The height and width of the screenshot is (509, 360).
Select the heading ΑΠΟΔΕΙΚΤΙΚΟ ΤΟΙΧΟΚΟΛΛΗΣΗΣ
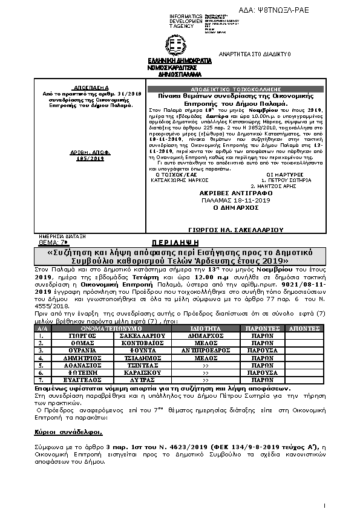[x=235, y=88]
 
